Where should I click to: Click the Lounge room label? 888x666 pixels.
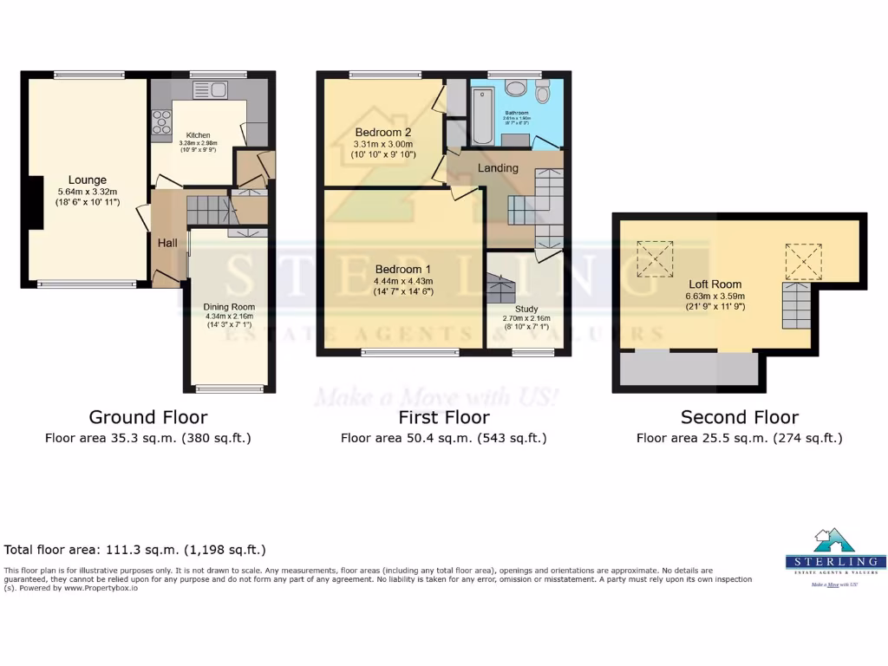[88, 180]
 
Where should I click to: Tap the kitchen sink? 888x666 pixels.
[209, 89]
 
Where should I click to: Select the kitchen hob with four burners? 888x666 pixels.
[161, 126]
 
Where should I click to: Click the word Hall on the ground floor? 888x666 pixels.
[167, 243]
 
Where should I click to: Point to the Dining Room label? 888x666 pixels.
[229, 307]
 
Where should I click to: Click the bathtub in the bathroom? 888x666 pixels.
[482, 114]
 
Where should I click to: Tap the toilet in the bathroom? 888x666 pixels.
[543, 92]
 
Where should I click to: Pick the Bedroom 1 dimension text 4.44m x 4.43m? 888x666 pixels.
[403, 281]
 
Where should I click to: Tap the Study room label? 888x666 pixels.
[526, 309]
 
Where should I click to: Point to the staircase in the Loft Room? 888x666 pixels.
[799, 305]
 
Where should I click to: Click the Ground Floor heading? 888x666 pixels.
[148, 417]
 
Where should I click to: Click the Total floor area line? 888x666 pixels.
[135, 550]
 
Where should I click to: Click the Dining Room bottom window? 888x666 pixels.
[229, 388]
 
